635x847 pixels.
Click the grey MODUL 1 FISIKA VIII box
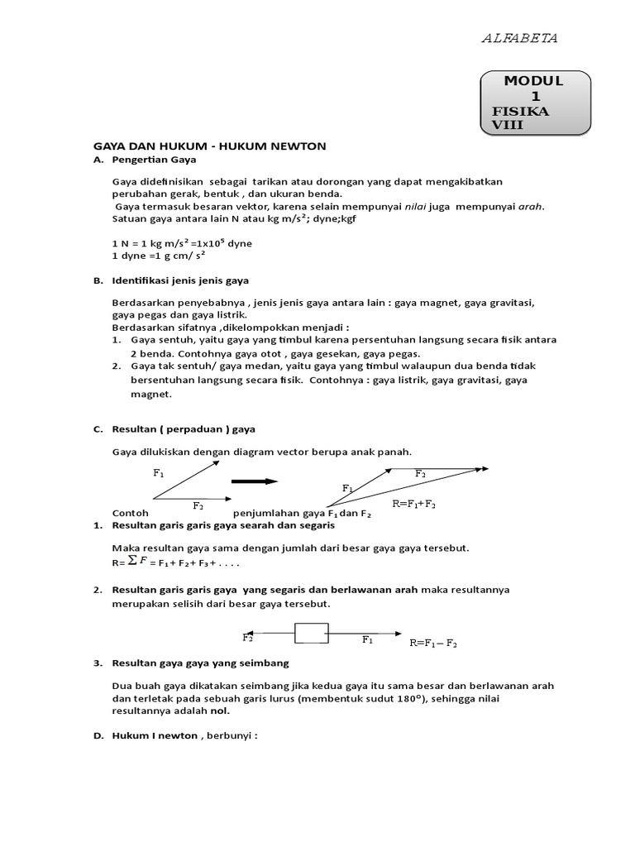(535, 103)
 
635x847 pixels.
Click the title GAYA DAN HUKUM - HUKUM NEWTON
(210, 146)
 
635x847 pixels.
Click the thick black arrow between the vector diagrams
(254, 481)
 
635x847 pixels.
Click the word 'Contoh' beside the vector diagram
(130, 513)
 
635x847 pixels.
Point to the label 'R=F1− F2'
(433, 643)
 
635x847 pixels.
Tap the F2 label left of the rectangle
(247, 638)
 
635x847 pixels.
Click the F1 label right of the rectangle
(367, 639)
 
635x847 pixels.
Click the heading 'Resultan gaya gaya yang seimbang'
(200, 663)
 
